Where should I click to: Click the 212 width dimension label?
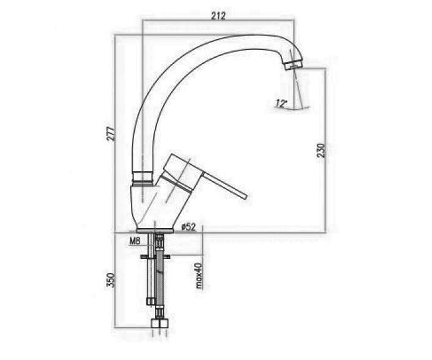click(218, 16)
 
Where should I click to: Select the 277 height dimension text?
click(110, 134)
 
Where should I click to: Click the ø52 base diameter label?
click(188, 228)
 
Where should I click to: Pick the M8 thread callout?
click(135, 241)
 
